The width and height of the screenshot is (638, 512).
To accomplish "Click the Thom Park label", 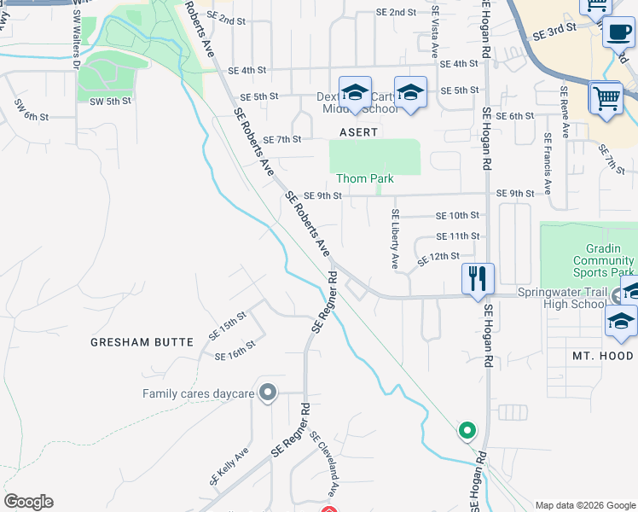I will (x=364, y=178).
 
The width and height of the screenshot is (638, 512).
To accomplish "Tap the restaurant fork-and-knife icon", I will (x=478, y=277).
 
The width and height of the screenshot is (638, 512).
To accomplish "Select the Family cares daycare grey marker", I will (x=268, y=393).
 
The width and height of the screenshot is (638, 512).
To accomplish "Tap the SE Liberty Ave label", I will (x=395, y=239).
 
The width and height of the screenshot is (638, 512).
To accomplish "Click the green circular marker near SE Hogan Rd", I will (x=467, y=431).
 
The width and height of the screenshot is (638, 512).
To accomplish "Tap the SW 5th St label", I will (x=111, y=101).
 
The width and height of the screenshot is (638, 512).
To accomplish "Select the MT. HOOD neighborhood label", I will (x=602, y=355).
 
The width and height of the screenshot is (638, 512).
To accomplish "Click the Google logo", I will (x=28, y=502).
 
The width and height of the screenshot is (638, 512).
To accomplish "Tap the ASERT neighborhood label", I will (x=358, y=132).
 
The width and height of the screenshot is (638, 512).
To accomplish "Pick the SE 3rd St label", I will (x=554, y=32).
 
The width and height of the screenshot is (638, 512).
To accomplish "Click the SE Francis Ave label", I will (x=546, y=162).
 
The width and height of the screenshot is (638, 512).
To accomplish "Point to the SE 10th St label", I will (x=457, y=216).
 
